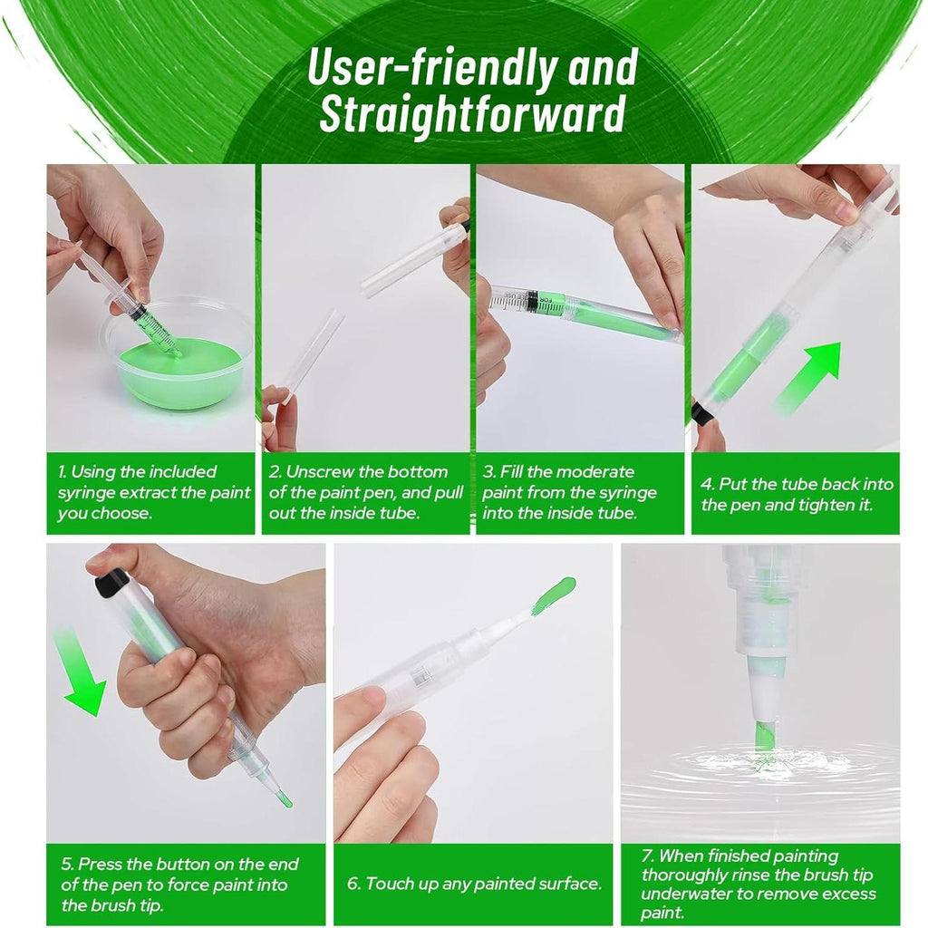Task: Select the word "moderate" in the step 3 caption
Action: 594,471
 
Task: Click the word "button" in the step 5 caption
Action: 179,864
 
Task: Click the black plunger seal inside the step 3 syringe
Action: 532,301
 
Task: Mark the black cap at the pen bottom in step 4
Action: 704,411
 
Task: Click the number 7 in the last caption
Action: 647,855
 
